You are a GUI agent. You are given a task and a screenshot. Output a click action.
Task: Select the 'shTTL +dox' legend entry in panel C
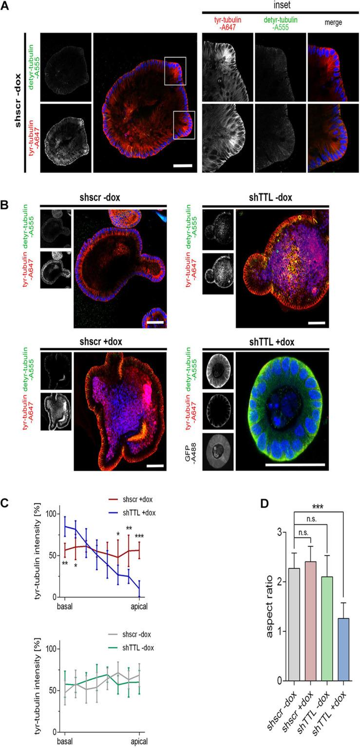[x=131, y=512]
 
